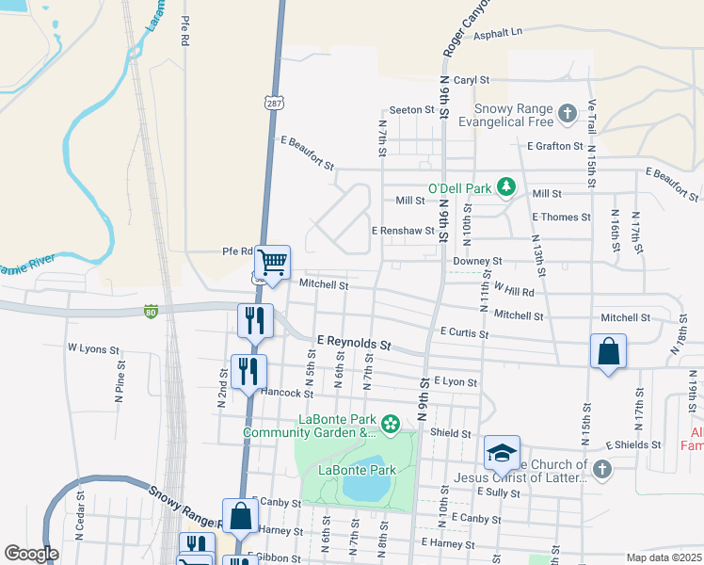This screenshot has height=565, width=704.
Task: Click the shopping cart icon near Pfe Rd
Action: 272,263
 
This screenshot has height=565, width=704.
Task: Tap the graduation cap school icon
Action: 502,454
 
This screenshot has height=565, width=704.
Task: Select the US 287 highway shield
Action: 273,102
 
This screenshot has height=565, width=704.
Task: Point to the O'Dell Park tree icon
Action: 506,187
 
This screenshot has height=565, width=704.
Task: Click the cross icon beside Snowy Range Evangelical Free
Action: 567,115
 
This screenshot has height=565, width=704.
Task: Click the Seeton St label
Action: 411,109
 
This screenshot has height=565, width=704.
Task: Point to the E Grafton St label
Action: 555,146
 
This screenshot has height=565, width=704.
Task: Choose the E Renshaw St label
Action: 403,230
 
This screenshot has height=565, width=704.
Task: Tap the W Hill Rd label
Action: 512,292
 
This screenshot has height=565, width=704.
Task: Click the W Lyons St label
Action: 93,348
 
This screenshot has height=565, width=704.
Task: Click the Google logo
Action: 31,554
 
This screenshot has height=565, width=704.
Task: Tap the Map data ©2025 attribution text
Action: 664,557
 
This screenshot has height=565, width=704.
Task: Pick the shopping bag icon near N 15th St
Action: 608,352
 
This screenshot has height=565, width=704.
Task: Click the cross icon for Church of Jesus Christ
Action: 602,467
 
